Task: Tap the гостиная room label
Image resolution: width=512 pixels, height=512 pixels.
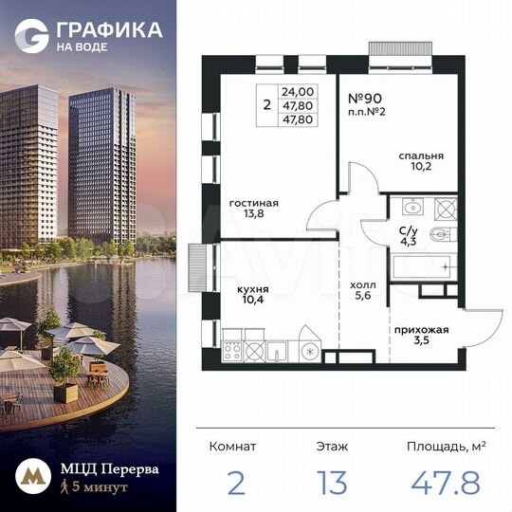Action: pyautogui.click(x=253, y=202)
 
